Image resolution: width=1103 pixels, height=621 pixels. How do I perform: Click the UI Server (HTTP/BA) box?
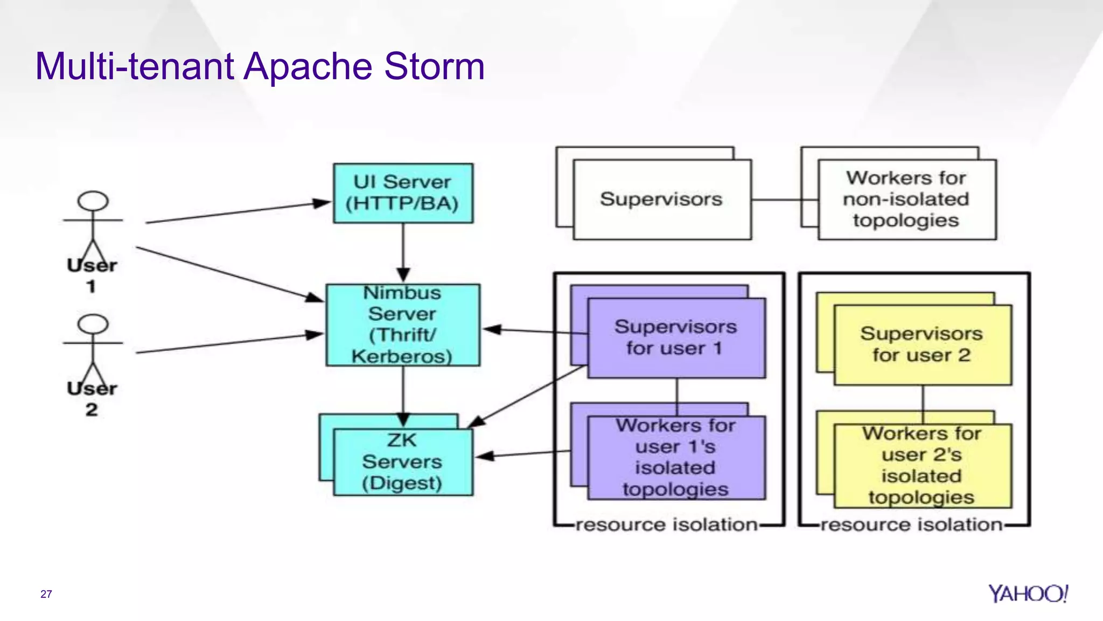coord(403,193)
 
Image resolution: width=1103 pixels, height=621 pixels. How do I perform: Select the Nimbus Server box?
coord(403,325)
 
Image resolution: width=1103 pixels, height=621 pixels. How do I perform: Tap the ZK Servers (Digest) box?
coord(403,461)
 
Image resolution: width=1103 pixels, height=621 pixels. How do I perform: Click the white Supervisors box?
coord(662,199)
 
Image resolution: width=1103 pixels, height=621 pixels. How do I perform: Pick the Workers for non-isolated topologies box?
coord(906,199)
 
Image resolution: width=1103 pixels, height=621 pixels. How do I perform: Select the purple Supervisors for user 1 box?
coord(676,338)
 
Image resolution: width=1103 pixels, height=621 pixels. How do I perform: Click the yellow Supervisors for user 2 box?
coord(922,344)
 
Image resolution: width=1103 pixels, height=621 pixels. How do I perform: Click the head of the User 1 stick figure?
coord(93,201)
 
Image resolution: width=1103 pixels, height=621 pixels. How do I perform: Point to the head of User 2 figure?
coord(93,324)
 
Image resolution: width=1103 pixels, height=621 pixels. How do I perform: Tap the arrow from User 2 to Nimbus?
coord(226,344)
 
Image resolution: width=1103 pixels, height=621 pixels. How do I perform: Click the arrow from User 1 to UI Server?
coord(237,212)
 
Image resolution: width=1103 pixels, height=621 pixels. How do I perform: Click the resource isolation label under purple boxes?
coord(667,525)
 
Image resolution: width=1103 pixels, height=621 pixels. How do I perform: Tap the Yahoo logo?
coord(1028,594)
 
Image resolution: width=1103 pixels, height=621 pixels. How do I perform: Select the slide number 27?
coord(46,594)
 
